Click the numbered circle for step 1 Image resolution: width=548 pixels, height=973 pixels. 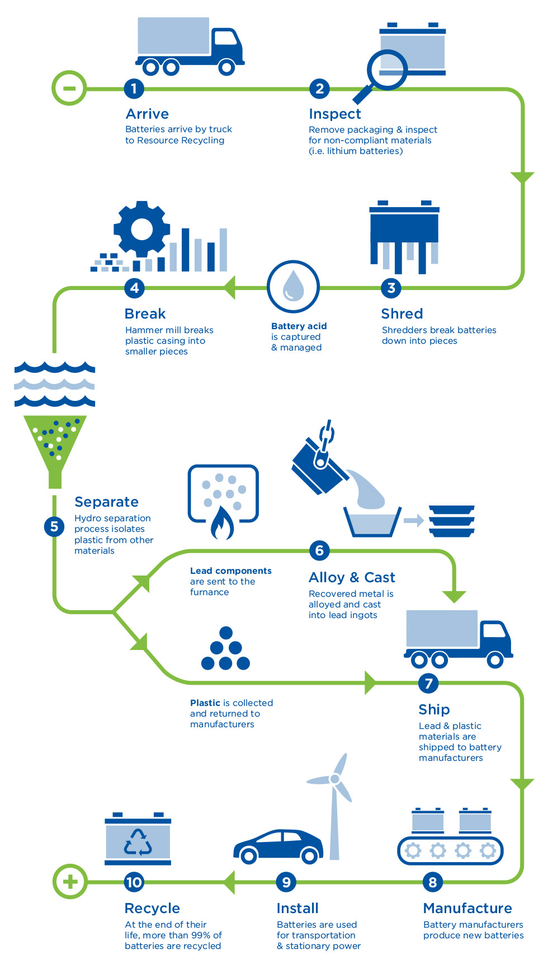(134, 88)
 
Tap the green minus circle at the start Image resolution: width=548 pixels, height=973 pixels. (69, 88)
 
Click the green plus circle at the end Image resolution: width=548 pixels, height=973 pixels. (70, 882)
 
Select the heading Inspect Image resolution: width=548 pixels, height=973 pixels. (335, 114)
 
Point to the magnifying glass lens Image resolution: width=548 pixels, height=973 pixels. (387, 69)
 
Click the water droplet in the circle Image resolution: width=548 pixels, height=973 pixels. (293, 286)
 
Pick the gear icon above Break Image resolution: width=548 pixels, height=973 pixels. (141, 229)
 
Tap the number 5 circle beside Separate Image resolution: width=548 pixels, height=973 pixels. (54, 526)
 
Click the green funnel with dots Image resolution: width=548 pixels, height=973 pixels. (55, 442)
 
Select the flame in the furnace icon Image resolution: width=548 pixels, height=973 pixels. (222, 523)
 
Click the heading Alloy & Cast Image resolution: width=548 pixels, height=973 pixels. (352, 577)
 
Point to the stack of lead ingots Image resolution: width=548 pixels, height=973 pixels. (452, 521)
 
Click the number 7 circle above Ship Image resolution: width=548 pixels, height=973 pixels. (428, 683)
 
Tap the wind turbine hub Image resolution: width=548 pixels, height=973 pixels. (335, 779)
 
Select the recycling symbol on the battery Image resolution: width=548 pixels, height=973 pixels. (138, 842)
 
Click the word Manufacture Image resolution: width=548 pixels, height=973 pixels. (467, 908)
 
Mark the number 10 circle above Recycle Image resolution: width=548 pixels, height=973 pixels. (134, 882)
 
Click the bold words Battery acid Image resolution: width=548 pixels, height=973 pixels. (299, 326)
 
